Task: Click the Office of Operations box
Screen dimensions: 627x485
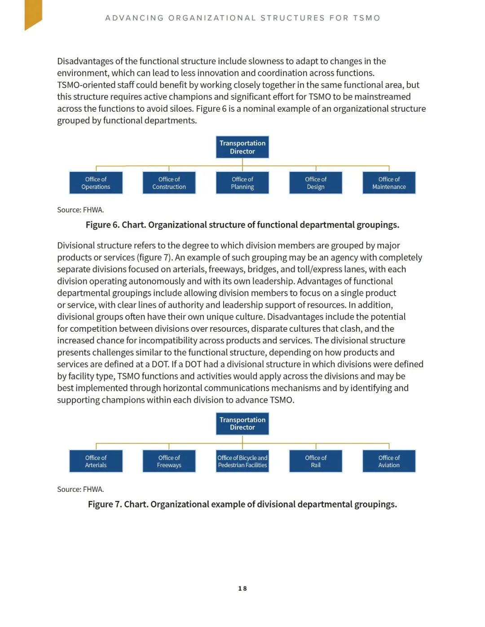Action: pos(96,183)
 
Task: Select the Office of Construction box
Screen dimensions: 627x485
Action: pos(169,183)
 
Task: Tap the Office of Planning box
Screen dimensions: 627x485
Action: pos(242,183)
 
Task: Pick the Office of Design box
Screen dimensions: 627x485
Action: pos(316,183)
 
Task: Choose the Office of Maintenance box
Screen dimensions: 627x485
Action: pos(389,183)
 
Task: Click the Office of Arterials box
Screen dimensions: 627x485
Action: pos(96,461)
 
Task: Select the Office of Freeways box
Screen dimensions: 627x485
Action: pos(169,461)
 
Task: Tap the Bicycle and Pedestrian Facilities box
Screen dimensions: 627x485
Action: pos(242,461)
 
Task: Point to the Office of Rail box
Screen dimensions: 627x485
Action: pos(316,461)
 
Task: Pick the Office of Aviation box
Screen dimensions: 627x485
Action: pos(389,461)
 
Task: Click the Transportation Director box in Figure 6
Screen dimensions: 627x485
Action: pos(242,147)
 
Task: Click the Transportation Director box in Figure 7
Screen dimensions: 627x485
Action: pos(242,424)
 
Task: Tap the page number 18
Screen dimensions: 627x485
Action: pos(242,588)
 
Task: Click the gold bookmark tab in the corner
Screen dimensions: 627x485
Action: pos(33,13)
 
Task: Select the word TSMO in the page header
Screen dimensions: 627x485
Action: pos(366,18)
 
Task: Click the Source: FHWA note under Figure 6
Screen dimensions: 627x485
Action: pos(80,210)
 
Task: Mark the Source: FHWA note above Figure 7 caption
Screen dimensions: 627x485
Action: pos(80,489)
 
